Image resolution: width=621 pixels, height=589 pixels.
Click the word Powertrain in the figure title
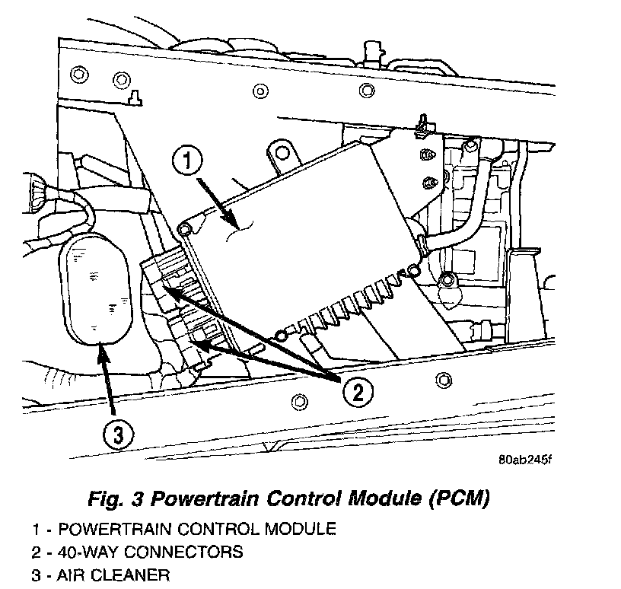click(201, 499)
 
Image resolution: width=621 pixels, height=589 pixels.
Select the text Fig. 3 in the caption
click(115, 499)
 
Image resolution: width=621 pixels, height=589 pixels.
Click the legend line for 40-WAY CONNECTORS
click(137, 550)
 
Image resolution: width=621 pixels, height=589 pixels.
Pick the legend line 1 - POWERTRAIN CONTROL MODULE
click(183, 527)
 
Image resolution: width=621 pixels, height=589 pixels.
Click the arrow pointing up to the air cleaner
click(106, 380)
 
